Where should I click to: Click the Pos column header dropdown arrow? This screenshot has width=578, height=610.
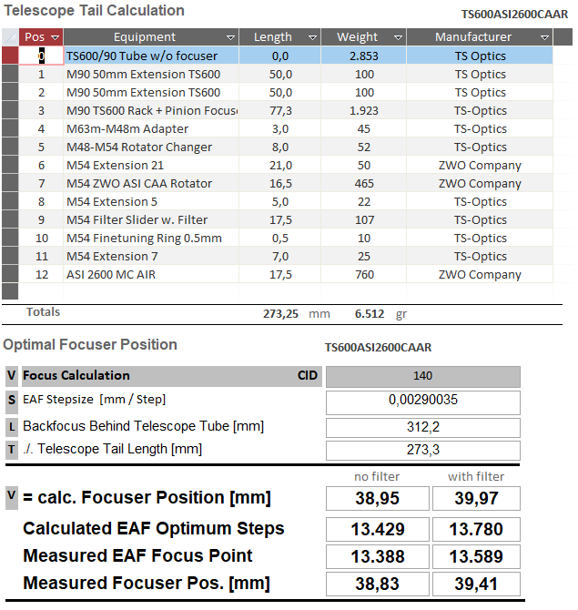click(55, 37)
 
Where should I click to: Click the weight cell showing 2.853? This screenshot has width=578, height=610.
click(364, 56)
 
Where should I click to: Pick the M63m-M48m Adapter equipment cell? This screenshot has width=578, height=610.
click(151, 128)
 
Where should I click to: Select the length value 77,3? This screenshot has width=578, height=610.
click(280, 111)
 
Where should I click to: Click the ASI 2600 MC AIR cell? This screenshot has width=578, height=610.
click(151, 275)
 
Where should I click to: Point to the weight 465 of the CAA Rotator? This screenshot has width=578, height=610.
click(364, 184)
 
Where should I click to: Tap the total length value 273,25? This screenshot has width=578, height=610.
click(280, 313)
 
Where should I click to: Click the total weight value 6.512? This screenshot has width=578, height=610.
click(370, 313)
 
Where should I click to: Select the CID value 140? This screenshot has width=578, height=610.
click(422, 376)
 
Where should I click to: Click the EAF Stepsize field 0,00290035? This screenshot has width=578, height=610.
click(422, 402)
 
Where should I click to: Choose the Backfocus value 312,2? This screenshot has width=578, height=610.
click(422, 428)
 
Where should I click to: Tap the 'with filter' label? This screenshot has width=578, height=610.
click(476, 476)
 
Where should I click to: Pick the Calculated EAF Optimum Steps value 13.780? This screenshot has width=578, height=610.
click(476, 529)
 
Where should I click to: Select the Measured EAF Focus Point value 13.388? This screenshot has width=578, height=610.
click(378, 556)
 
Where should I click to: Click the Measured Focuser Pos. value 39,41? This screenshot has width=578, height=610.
click(476, 584)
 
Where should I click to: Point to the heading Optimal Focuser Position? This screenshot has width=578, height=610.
click(90, 345)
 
